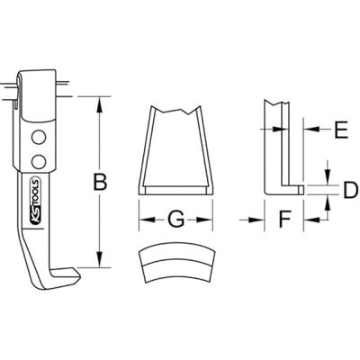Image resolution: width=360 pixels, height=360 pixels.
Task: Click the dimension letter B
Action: (x=102, y=182)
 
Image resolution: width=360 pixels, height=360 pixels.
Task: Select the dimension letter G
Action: (x=176, y=219)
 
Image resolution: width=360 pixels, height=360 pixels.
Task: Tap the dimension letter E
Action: (x=339, y=131)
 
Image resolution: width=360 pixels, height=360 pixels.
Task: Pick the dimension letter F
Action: (x=282, y=219)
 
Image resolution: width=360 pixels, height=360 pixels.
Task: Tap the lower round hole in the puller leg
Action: (x=38, y=160)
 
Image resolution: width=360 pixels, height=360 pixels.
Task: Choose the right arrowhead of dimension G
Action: (x=211, y=219)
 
